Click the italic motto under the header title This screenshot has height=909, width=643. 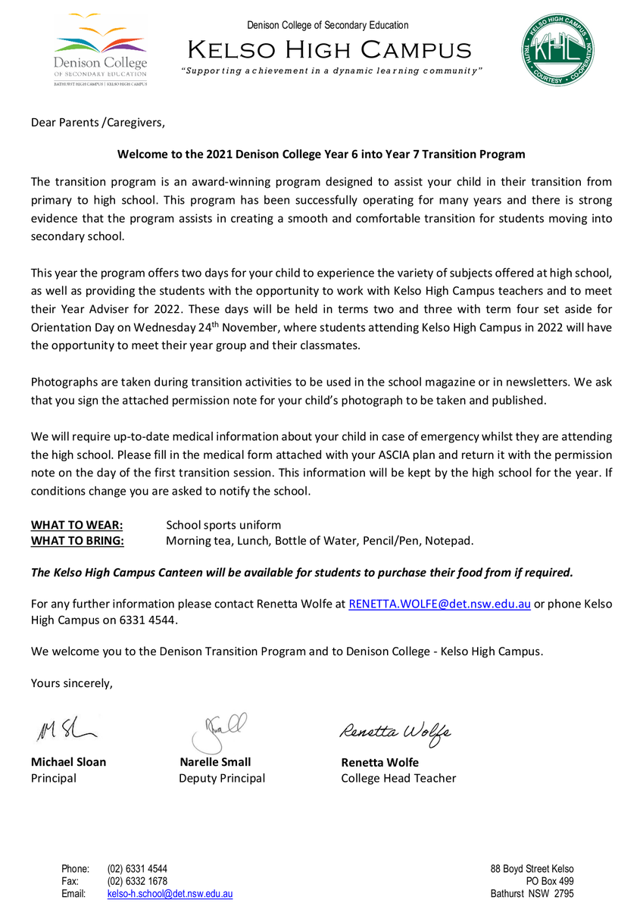332,70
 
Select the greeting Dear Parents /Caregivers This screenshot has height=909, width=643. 97,122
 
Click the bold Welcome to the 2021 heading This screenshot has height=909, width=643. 320,154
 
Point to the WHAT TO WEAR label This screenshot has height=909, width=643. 76,525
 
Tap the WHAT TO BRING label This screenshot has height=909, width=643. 77,540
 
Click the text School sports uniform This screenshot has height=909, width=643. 223,525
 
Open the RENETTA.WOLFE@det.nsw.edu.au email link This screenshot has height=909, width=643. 439,604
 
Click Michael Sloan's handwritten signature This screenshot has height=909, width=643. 65,730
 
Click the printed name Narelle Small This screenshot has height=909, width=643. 215,762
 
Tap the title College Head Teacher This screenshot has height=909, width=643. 398,778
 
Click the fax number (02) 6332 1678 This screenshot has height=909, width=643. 137,881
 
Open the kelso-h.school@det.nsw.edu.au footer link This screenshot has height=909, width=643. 170,894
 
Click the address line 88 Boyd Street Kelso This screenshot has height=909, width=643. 532,869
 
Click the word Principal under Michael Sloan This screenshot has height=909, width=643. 53,778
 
